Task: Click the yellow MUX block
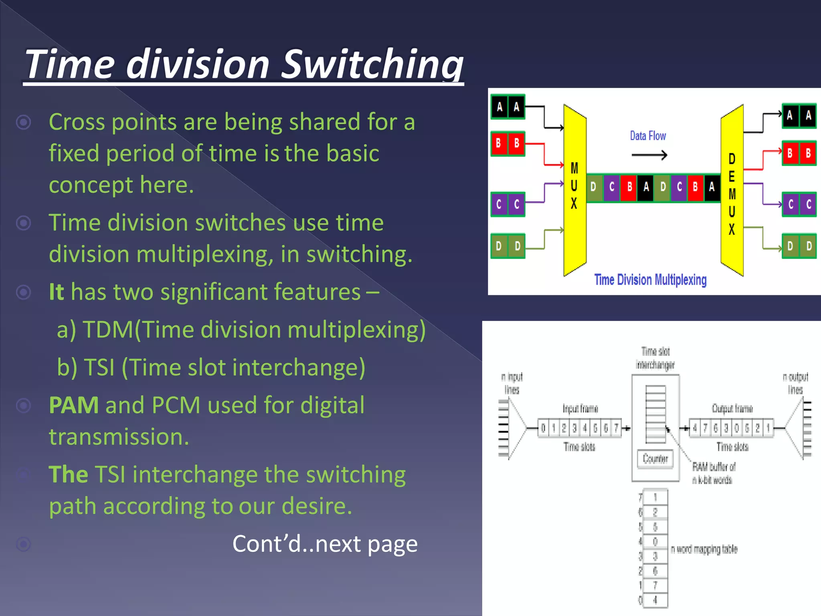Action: point(574,188)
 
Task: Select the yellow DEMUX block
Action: point(732,192)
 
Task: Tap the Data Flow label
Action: point(648,136)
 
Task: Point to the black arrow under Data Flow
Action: point(649,155)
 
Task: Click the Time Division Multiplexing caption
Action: point(650,280)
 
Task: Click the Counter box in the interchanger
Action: point(655,458)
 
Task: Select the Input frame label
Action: point(580,408)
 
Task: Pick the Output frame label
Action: point(732,408)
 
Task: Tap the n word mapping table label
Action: point(704,549)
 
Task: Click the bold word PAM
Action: point(74,405)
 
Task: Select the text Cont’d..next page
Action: point(325,544)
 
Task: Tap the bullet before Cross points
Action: point(23,122)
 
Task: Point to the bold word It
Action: point(56,292)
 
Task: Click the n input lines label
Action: point(512,383)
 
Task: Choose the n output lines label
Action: point(795,383)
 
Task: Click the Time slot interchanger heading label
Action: point(655,358)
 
